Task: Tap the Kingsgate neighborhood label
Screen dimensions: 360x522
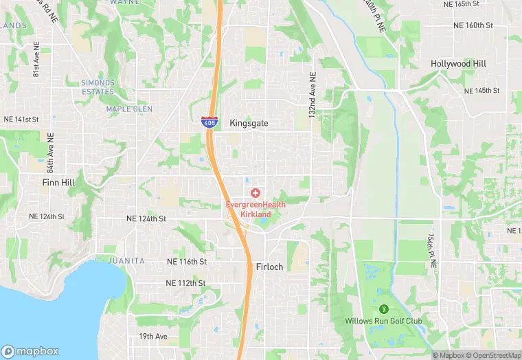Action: (x=249, y=124)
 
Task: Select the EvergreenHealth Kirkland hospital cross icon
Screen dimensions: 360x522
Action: (x=255, y=193)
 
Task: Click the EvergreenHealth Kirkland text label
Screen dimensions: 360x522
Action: (x=255, y=210)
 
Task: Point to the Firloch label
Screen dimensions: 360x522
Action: (x=269, y=267)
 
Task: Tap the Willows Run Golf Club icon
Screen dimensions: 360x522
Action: (x=383, y=307)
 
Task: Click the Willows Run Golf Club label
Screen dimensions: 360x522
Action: (x=383, y=321)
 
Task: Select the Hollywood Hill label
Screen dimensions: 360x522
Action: (x=458, y=64)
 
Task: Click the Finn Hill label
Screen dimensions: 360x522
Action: (x=58, y=183)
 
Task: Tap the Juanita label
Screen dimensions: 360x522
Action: (x=126, y=261)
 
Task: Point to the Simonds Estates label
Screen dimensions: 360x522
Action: (x=98, y=87)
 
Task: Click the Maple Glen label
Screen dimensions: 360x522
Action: (x=129, y=109)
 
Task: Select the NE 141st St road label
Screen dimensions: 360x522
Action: (x=21, y=120)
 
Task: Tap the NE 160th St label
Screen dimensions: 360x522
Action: (x=473, y=25)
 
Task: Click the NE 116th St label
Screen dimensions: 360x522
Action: (x=186, y=262)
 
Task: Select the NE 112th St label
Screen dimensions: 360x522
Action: (x=185, y=283)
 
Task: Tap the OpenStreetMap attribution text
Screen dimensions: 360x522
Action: (x=492, y=355)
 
